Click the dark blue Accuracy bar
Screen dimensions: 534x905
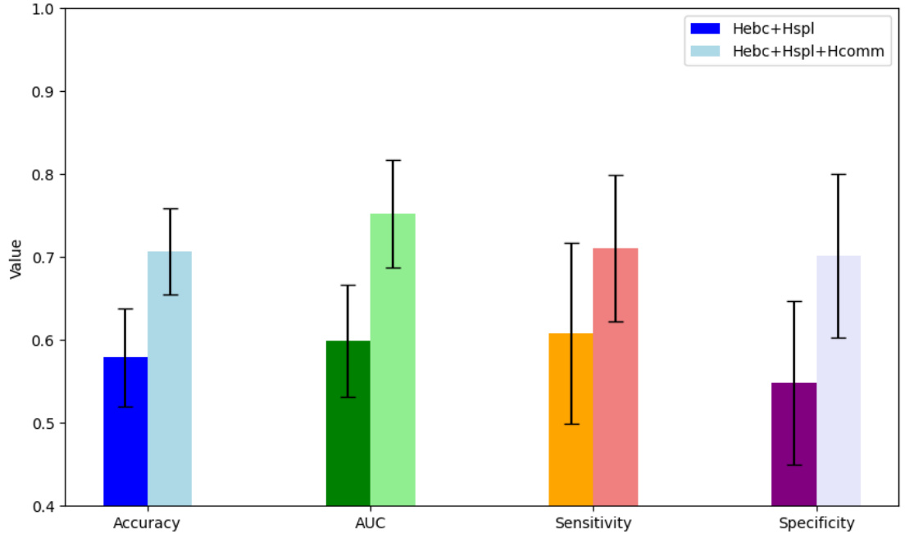125,443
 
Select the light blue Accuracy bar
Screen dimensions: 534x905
170,394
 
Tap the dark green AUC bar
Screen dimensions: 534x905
348,435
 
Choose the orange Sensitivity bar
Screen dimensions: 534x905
571,435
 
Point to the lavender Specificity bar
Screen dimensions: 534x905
838,394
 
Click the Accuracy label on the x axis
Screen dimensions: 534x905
147,523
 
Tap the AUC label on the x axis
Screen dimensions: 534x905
371,523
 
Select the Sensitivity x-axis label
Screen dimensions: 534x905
593,523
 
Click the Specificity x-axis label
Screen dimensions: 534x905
816,523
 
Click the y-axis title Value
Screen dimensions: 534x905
15,258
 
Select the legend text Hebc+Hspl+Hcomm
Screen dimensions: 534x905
808,51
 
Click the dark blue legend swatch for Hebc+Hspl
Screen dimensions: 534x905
705,28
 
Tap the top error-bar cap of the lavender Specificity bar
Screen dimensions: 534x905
838,174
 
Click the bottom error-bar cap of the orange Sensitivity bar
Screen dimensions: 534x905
571,424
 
